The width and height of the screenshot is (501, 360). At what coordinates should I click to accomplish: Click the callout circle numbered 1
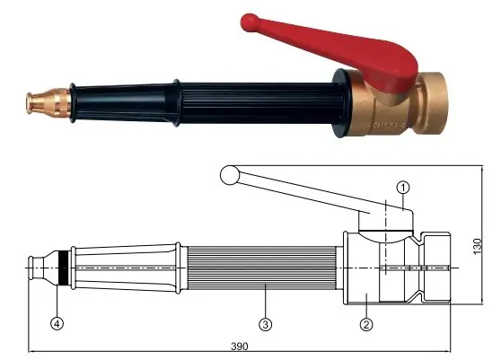pos(403,188)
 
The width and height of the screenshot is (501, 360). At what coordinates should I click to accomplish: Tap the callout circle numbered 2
pos(366,325)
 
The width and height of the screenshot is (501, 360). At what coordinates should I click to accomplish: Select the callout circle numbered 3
pos(265,325)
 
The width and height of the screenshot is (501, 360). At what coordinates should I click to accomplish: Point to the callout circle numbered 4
pos(57,324)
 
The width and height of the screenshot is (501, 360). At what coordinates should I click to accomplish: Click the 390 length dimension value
pos(240,347)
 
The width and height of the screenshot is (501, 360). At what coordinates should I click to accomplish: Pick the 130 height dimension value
pos(477,246)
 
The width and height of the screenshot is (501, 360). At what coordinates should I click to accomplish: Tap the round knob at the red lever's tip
pos(250,22)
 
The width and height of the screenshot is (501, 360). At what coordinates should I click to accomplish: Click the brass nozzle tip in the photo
pos(48,101)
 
